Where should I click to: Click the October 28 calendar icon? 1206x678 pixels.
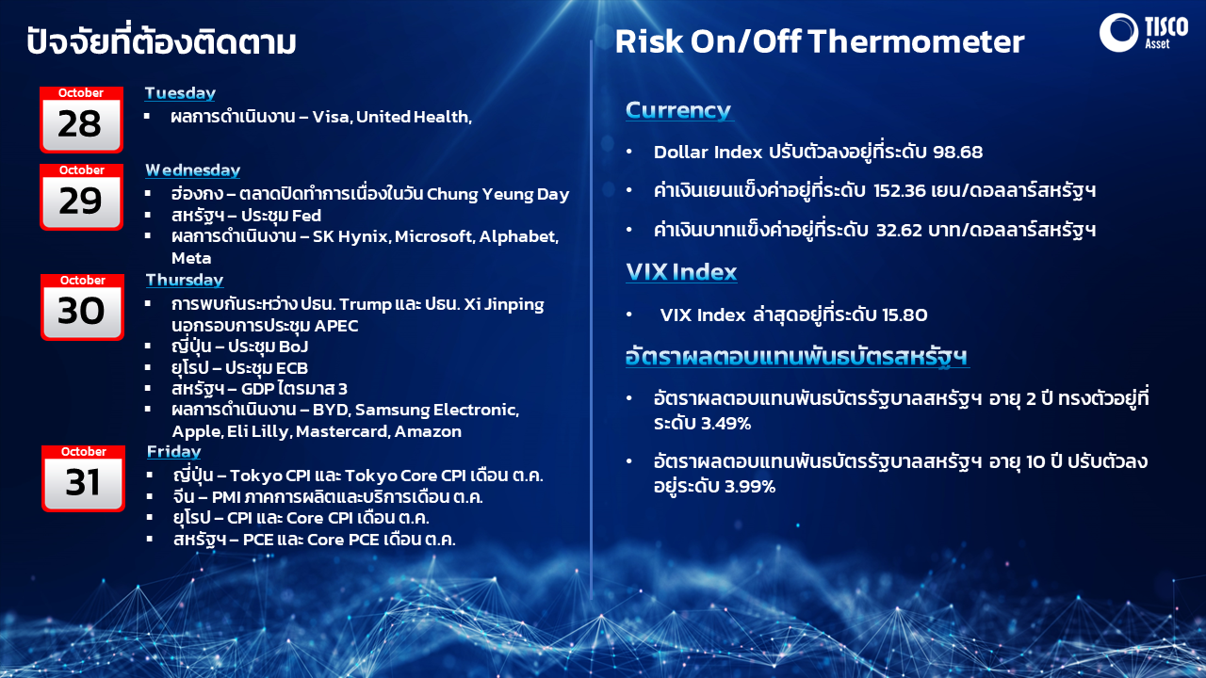pos(81,120)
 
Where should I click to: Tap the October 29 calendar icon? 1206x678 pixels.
pos(81,196)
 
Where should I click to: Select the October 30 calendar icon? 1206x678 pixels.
pos(82,307)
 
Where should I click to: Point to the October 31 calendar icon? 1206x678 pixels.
pos(83,478)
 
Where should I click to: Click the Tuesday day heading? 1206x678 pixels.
pos(180,93)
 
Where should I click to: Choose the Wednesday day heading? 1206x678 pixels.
pos(192,170)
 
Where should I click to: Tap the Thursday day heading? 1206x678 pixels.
pos(184,280)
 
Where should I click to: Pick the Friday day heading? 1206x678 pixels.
pos(173,452)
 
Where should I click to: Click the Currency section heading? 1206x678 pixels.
pos(678,110)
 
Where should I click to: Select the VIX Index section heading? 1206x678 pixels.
pos(681,272)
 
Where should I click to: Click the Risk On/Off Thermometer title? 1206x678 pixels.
pos(819,41)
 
